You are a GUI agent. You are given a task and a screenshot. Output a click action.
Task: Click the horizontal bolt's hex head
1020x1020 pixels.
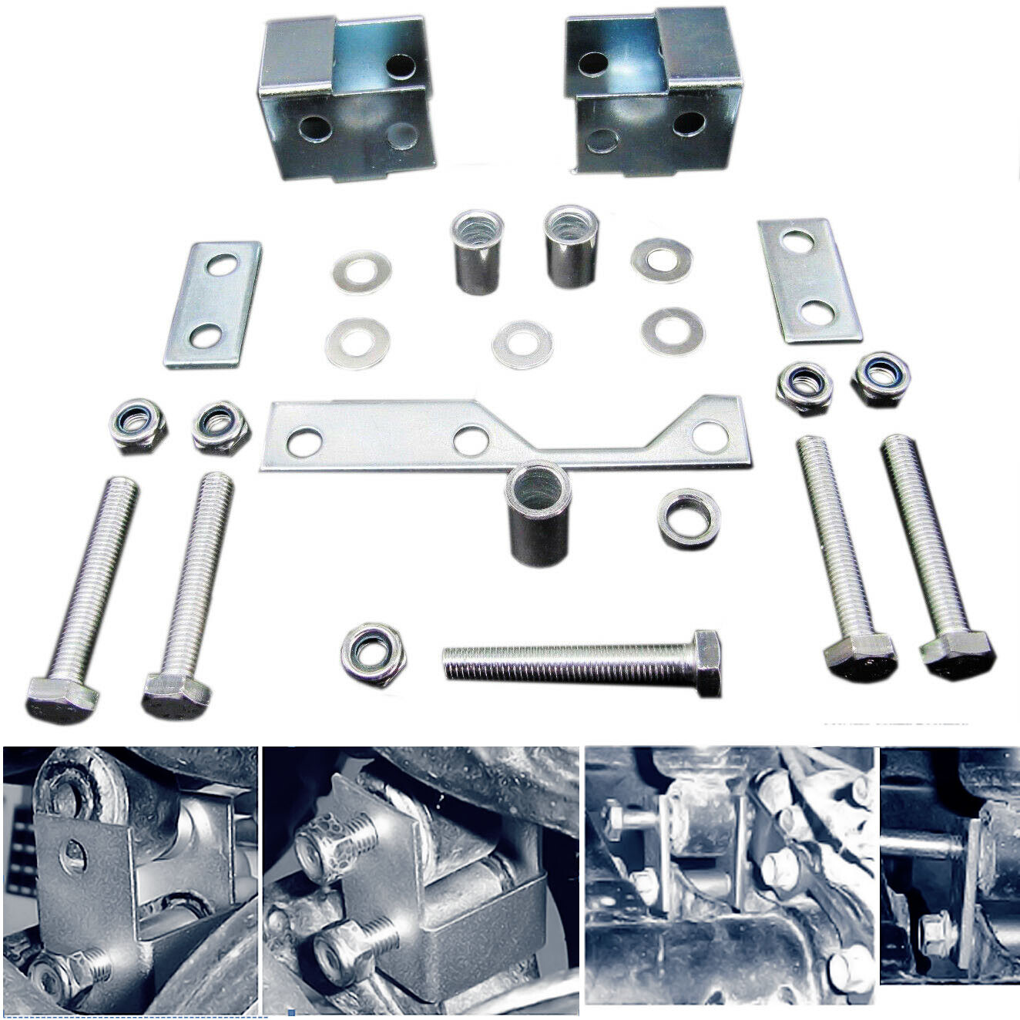tap(706, 662)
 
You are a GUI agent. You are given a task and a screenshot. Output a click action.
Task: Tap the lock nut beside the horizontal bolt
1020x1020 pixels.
tap(374, 656)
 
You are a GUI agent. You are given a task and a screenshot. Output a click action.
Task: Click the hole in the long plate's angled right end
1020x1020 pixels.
tap(710, 435)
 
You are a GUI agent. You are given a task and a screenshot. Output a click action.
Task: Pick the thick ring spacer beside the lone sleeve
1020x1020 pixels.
tap(688, 517)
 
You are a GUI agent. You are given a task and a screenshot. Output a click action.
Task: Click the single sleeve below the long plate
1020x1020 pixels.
tap(538, 515)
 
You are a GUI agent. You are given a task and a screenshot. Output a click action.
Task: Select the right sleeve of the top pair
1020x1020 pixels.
tap(571, 246)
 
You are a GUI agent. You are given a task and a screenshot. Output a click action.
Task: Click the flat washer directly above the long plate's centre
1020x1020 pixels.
tap(522, 344)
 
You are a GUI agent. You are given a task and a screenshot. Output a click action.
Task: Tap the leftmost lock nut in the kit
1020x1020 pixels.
tap(139, 424)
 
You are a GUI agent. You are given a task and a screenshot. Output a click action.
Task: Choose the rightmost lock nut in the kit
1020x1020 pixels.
tap(881, 377)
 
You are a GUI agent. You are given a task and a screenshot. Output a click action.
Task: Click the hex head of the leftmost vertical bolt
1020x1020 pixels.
tap(62, 699)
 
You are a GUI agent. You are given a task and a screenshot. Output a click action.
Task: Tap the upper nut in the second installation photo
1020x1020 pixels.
tap(327, 840)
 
